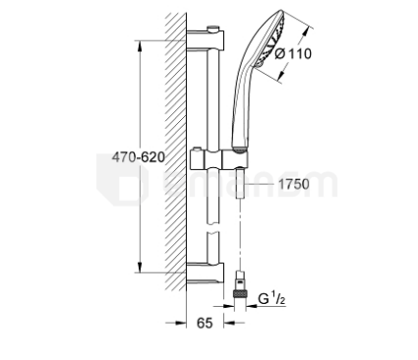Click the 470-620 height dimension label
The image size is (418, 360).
pos(138,157)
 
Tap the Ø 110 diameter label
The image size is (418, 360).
pos(293,53)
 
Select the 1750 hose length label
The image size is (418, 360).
pos(294,184)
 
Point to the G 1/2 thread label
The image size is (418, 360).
pos(271,299)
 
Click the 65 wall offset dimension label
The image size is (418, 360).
pos(205,323)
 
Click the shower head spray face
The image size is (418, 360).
pos(273,41)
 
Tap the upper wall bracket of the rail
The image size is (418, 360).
pos(206,40)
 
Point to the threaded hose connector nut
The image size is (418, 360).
pos(240,292)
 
